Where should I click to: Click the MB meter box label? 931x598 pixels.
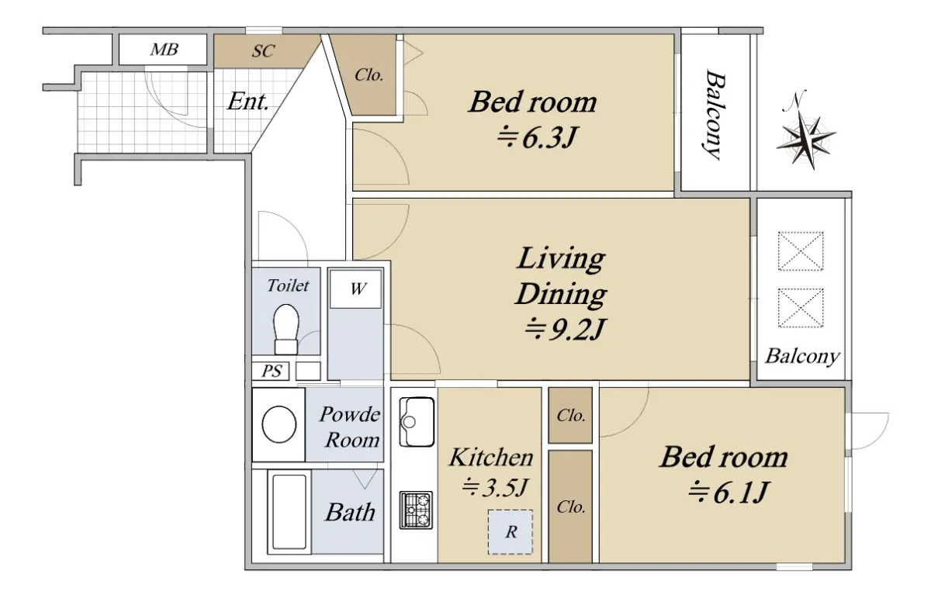(x=164, y=50)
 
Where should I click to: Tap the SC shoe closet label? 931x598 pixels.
(x=263, y=51)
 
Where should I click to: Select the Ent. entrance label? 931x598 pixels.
(x=247, y=101)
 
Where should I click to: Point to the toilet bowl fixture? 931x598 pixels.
(x=286, y=329)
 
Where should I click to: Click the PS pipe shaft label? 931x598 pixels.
(x=272, y=371)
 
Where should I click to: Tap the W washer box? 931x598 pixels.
(x=356, y=289)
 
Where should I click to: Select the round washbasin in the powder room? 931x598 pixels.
(x=279, y=424)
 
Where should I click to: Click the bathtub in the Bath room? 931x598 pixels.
(x=289, y=512)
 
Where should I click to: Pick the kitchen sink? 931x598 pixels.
(x=417, y=422)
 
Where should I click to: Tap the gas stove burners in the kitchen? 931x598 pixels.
(x=416, y=510)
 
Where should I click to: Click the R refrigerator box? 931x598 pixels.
(x=510, y=532)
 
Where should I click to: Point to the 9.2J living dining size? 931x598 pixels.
(x=563, y=329)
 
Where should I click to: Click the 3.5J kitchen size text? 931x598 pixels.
(x=495, y=487)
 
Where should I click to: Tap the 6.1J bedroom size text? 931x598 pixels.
(x=728, y=492)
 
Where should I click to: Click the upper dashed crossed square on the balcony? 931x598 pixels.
(x=801, y=251)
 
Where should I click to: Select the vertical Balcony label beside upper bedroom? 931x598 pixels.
(x=715, y=115)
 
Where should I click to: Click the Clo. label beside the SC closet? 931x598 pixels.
(x=369, y=75)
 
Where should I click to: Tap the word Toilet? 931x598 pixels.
(x=288, y=285)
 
